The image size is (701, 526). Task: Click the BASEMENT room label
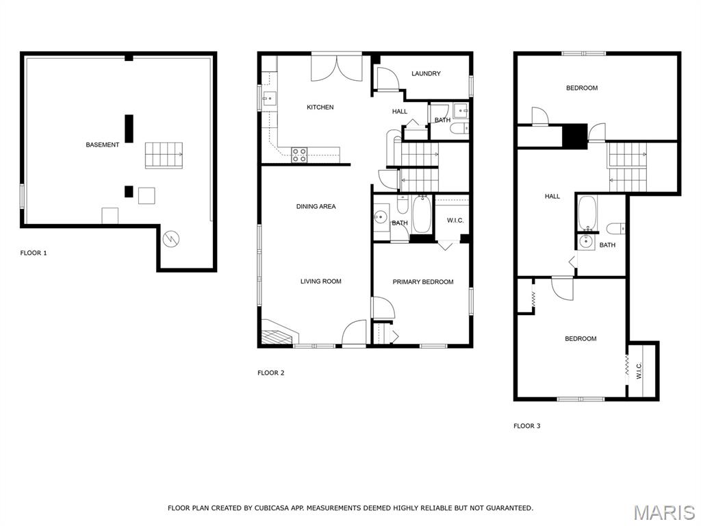click(103, 145)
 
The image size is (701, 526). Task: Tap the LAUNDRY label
click(426, 73)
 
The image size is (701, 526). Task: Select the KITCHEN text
click(320, 108)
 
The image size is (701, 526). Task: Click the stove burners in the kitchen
click(299, 155)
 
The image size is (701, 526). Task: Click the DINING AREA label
click(316, 206)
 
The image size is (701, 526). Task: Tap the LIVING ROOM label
click(321, 281)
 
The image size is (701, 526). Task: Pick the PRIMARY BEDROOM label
click(423, 281)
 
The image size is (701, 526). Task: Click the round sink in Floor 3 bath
click(586, 242)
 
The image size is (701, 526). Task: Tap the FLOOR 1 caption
click(34, 253)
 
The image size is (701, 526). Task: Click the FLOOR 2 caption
click(271, 373)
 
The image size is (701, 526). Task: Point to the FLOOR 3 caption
click(527, 426)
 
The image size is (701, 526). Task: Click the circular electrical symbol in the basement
click(170, 239)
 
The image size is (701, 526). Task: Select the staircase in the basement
click(164, 155)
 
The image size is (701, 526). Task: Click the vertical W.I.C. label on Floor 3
click(639, 371)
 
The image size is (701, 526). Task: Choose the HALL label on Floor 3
click(552, 196)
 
